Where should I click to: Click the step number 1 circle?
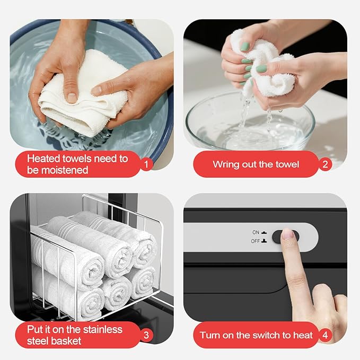point(146,164)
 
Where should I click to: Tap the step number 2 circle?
point(325,164)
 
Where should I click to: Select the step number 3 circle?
point(146,335)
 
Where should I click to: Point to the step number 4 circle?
point(325,335)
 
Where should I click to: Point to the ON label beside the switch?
point(256,232)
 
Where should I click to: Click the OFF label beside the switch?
point(256,241)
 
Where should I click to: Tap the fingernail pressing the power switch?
point(288,234)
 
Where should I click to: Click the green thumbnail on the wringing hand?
point(261,68)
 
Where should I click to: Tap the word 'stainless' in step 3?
point(102,329)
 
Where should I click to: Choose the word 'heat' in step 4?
point(303,335)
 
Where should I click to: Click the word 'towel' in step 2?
point(287,164)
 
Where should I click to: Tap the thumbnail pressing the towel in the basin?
point(72,98)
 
